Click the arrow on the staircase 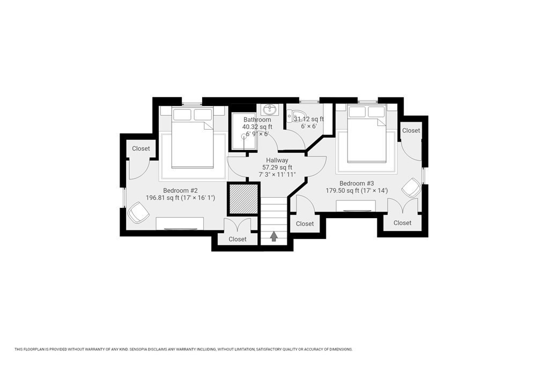[x=274, y=236]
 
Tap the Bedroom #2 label [x=180, y=191]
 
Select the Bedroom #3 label [x=357, y=183]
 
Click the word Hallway [x=277, y=160]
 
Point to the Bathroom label [x=257, y=119]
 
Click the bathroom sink [x=270, y=109]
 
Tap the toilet [x=293, y=115]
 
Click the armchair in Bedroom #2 [x=139, y=213]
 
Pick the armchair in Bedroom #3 [x=411, y=188]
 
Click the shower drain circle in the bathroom [x=244, y=137]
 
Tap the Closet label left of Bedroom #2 [x=141, y=149]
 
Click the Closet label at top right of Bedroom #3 [x=411, y=131]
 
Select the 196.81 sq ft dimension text [x=180, y=198]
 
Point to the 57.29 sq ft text [x=277, y=167]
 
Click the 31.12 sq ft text [x=309, y=119]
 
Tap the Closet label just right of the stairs [x=305, y=223]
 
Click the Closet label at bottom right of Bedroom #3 [x=402, y=223]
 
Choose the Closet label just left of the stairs [x=238, y=240]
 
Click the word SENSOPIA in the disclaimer [x=140, y=349]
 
